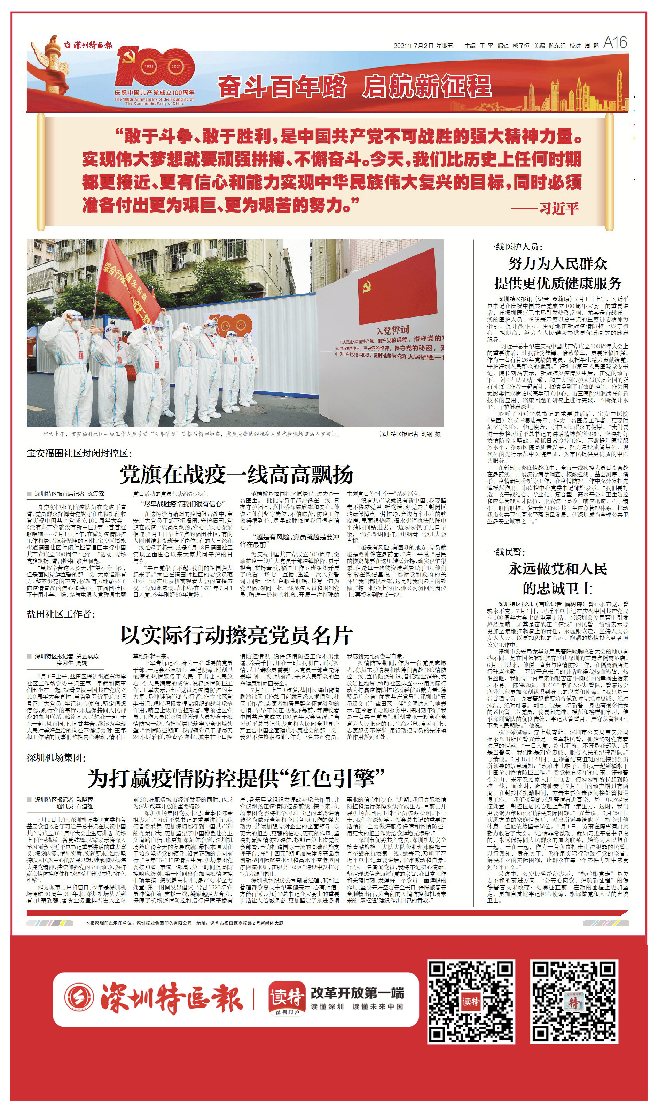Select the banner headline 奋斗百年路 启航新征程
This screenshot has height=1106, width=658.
[354, 86]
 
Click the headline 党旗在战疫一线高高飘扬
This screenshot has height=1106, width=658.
[236, 474]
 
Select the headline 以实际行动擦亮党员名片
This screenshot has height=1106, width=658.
[236, 635]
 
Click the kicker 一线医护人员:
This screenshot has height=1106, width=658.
[515, 247]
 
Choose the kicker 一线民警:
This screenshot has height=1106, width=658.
[506, 552]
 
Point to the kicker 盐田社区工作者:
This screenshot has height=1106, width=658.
[61, 614]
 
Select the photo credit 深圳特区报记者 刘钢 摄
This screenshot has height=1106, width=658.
[410, 434]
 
